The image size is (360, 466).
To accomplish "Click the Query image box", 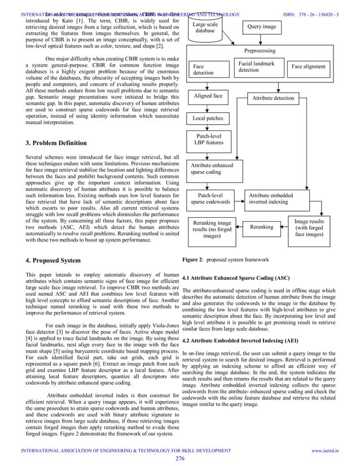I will coord(262,27).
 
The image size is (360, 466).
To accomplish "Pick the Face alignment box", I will coord(308,67).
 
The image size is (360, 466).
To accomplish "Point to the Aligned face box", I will coord(208,96).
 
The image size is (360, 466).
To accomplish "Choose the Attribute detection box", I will coord(273,98).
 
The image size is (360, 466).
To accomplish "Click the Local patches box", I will coord(208,119).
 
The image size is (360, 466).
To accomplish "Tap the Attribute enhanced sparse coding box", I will coord(210,168).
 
